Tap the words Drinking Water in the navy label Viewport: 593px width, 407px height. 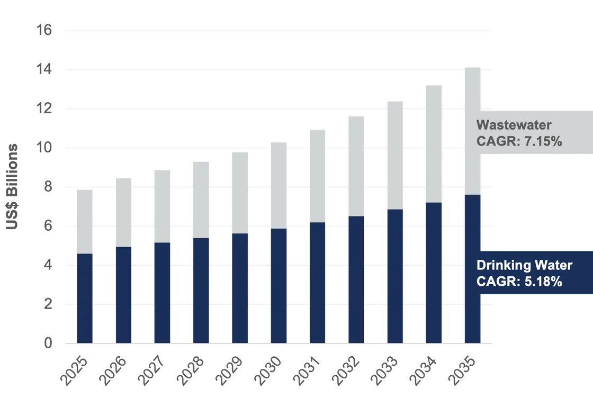pos(525,266)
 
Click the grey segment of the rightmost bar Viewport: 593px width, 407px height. pos(472,129)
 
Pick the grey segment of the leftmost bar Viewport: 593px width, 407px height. pos(85,221)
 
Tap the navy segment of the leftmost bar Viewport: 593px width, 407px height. pos(85,299)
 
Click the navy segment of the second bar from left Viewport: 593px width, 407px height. pos(125,295)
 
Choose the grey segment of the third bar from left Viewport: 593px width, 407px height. pos(163,206)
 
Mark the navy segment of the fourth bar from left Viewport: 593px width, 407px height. pos(201,291)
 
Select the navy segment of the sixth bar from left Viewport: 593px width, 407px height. pos(277,286)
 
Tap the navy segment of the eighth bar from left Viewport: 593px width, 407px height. pos(356,279)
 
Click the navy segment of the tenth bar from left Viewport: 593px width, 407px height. pos(434,273)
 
